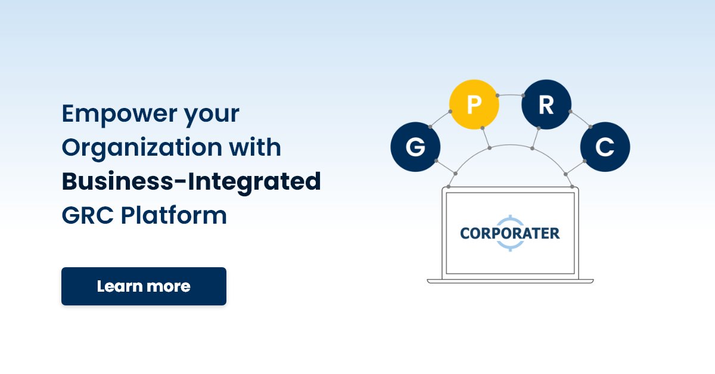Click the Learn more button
click(144, 286)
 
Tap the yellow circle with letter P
click(474, 105)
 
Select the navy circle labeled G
click(415, 147)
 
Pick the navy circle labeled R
click(546, 105)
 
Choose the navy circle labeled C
click(605, 147)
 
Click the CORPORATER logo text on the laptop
click(510, 233)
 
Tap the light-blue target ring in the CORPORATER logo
click(510, 218)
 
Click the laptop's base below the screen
click(510, 280)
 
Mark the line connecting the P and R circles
click(510, 94)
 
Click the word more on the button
click(170, 286)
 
